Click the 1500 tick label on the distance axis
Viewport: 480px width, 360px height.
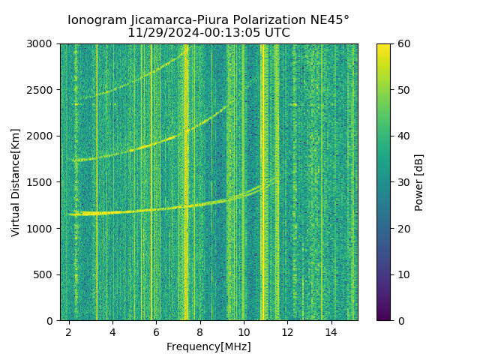click(43, 182)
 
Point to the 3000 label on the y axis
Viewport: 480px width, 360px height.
click(43, 44)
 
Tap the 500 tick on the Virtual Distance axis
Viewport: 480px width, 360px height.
click(46, 274)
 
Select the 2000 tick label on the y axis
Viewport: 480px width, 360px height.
click(43, 136)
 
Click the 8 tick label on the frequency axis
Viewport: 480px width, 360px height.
click(199, 331)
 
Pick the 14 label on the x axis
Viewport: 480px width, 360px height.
click(331, 331)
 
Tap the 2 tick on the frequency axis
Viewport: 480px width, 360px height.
click(68, 331)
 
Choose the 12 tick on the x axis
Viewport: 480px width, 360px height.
click(287, 331)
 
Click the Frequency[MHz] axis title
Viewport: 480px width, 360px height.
click(208, 346)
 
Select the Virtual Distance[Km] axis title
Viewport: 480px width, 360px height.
click(16, 182)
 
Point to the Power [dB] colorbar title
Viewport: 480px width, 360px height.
click(419, 182)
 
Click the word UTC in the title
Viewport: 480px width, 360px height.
click(277, 33)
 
